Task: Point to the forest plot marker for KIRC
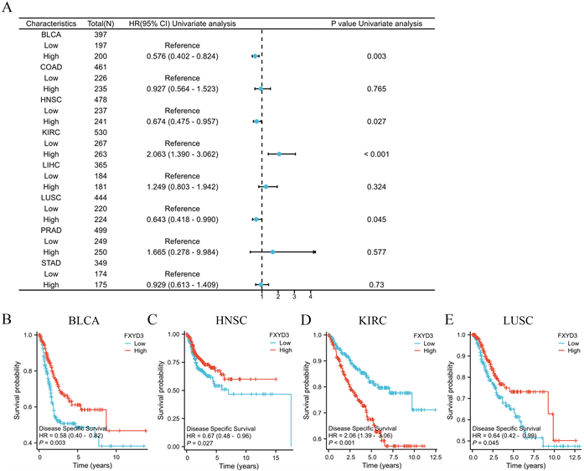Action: coord(280,154)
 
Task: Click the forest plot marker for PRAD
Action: coord(273,252)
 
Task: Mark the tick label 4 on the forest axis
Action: coord(311,296)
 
